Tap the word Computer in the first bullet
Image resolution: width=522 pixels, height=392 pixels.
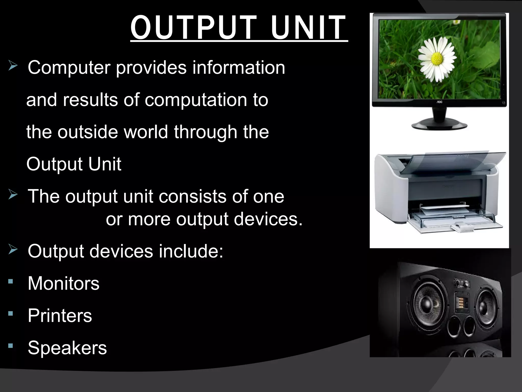coord(69,68)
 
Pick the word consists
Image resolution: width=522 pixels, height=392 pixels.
coord(193,196)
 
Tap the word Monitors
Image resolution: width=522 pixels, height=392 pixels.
coord(63,283)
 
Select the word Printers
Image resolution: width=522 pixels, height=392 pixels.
coord(60,316)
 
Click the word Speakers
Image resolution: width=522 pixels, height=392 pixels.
coord(67,348)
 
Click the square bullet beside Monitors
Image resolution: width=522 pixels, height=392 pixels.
coord(10,281)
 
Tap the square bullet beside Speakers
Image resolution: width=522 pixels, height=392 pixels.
coord(10,346)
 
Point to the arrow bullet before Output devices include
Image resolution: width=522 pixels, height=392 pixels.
coord(12,249)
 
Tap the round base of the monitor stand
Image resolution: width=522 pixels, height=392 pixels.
coord(439,126)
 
